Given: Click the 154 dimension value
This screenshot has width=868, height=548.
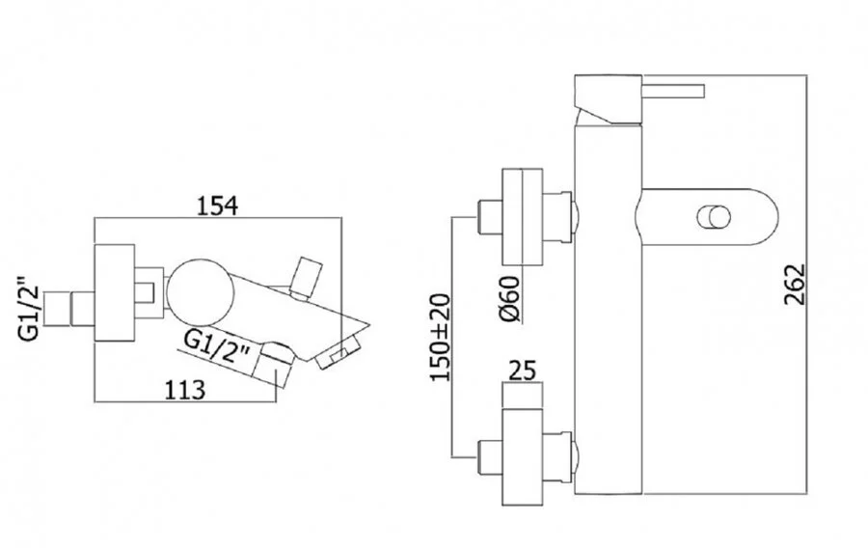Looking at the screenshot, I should [x=217, y=205].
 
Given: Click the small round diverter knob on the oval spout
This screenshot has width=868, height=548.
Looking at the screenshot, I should [x=715, y=217].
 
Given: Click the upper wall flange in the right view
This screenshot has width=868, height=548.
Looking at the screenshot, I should [x=522, y=217].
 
